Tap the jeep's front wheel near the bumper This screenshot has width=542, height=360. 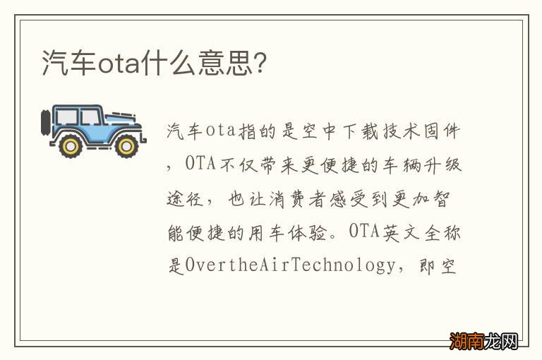[126, 145]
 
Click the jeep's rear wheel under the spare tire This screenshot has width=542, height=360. [70, 145]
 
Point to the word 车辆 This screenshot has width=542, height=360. [397, 164]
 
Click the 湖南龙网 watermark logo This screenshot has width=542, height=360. [485, 341]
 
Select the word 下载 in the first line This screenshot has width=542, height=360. [340, 131]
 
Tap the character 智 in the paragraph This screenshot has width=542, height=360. [453, 198]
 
